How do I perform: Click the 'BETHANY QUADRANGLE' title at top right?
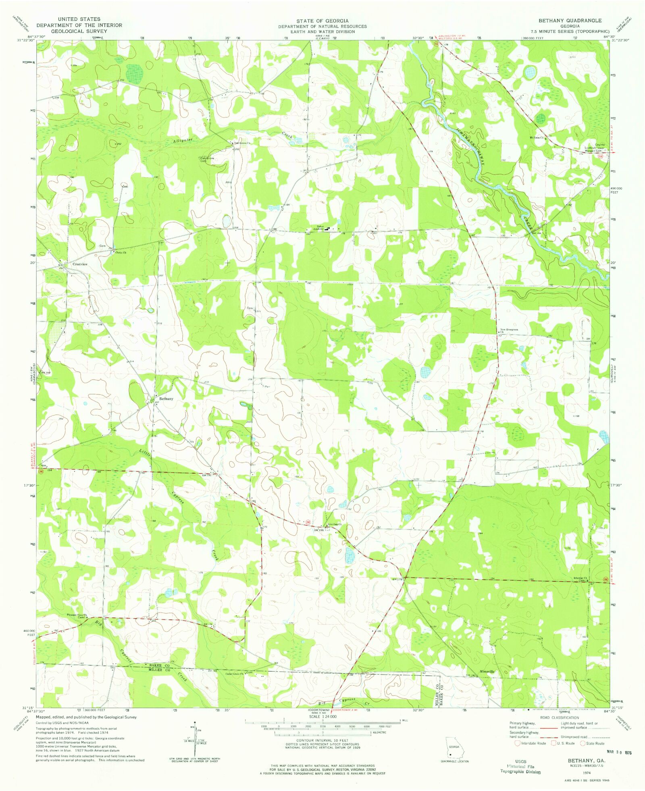(570, 21)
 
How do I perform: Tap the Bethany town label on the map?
(166, 399)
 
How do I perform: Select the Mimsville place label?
(487, 672)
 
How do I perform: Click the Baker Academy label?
(320, 228)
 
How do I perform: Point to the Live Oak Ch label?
(334, 524)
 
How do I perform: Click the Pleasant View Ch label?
(77, 615)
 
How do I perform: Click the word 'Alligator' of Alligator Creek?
(183, 141)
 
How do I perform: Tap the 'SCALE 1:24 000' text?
(322, 717)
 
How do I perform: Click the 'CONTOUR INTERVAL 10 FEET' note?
(322, 741)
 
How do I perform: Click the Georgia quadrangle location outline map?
(455, 748)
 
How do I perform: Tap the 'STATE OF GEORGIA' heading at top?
(322, 21)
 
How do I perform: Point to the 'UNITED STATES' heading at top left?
(79, 19)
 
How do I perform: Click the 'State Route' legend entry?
(593, 743)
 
